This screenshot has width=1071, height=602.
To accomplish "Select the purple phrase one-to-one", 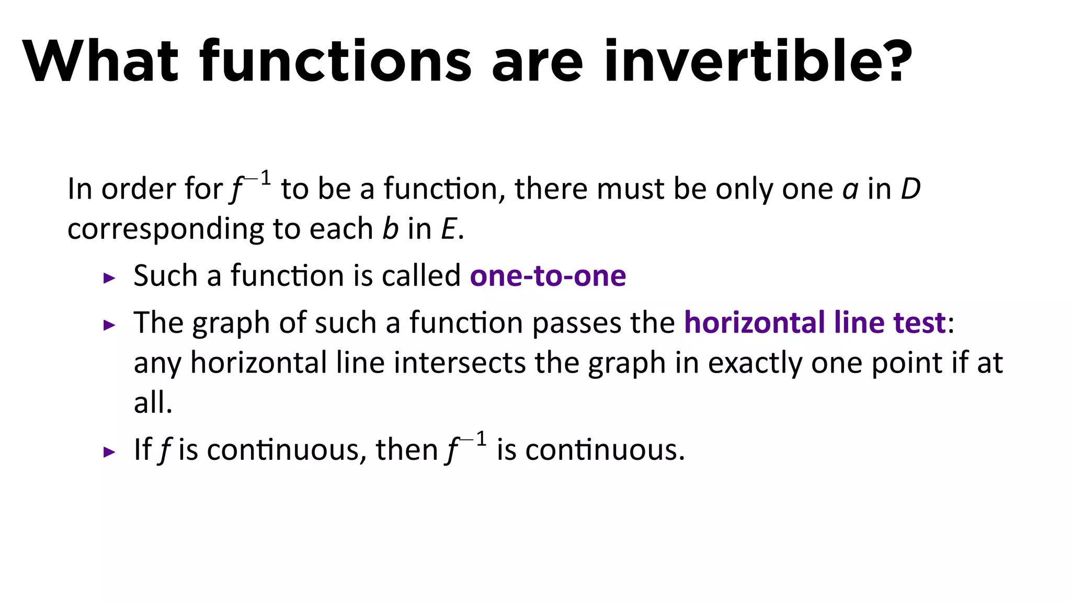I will click(x=548, y=276).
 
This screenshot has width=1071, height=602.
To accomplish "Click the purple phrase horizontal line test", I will click(x=815, y=322).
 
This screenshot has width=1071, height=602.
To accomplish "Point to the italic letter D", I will click(x=910, y=189).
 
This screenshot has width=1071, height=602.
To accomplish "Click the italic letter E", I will click(x=449, y=229).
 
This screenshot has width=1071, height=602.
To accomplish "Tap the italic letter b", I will click(x=390, y=229).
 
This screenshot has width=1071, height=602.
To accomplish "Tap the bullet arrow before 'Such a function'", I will click(x=109, y=278).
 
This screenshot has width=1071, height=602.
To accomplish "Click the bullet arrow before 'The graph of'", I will click(x=109, y=325).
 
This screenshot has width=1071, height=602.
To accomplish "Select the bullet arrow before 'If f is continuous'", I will click(x=109, y=451).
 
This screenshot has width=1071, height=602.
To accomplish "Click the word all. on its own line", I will click(x=153, y=403).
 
